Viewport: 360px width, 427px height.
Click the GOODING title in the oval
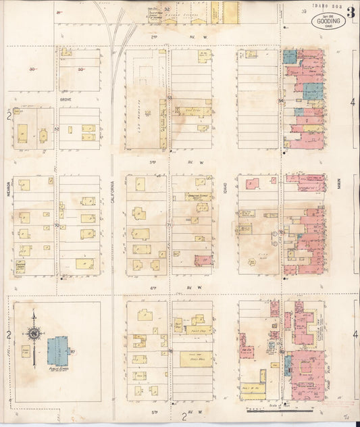pos(328,20)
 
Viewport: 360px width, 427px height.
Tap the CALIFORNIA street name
pos(112,196)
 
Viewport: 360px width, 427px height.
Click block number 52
pos(57,128)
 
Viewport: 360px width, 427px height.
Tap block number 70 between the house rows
pos(57,225)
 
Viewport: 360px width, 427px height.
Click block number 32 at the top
pos(166,9)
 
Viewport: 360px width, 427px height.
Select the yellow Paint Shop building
pos(199,330)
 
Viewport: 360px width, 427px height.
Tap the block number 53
pos(170,99)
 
